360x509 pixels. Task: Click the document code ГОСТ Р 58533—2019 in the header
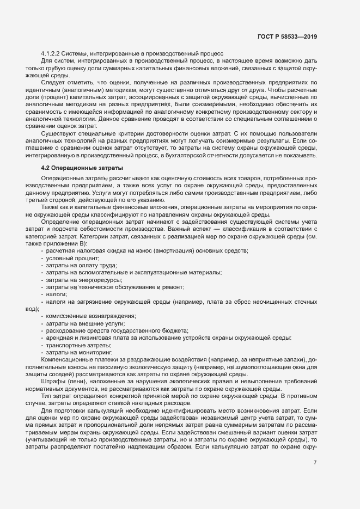click(x=287, y=36)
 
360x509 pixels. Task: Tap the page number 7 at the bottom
click(x=315, y=463)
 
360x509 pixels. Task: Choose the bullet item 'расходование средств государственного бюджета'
click(x=117, y=331)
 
